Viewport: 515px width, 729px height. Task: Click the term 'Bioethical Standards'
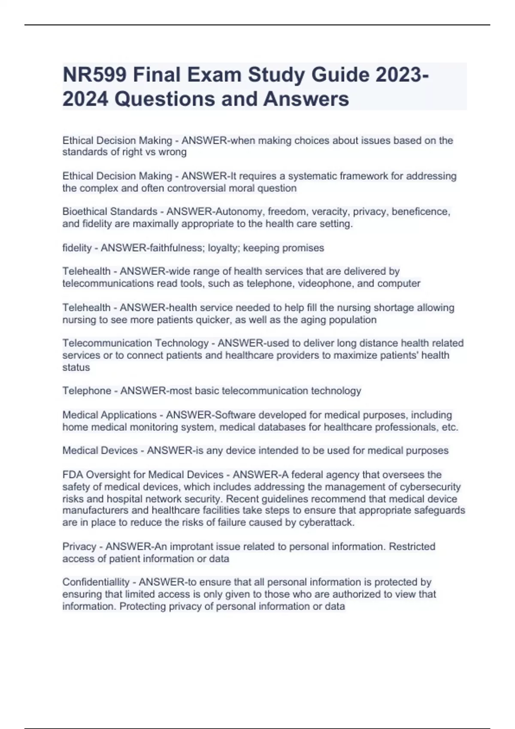(x=110, y=212)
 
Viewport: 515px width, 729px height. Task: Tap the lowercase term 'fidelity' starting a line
(x=77, y=248)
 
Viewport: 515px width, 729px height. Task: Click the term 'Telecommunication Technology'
(x=135, y=343)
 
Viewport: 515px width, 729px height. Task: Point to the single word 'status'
(x=76, y=368)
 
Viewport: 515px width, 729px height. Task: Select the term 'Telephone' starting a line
(x=87, y=391)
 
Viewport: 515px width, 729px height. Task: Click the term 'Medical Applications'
(x=109, y=415)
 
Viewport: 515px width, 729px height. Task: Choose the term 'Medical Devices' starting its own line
(x=100, y=451)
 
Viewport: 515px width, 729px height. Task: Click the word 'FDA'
(x=73, y=475)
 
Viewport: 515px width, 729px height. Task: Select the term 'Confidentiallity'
(x=96, y=582)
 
